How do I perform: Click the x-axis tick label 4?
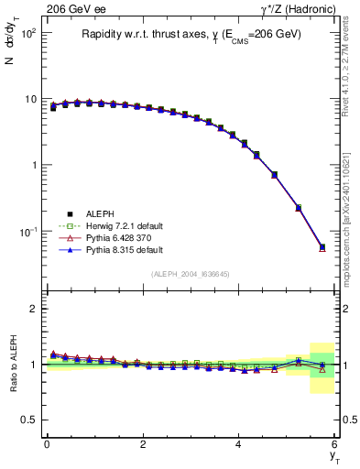pos(239,444)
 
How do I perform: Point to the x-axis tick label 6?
pos(335,444)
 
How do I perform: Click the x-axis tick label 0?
pos(47,444)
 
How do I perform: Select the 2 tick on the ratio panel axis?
pos(34,309)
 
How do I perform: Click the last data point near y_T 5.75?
pos(322,247)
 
